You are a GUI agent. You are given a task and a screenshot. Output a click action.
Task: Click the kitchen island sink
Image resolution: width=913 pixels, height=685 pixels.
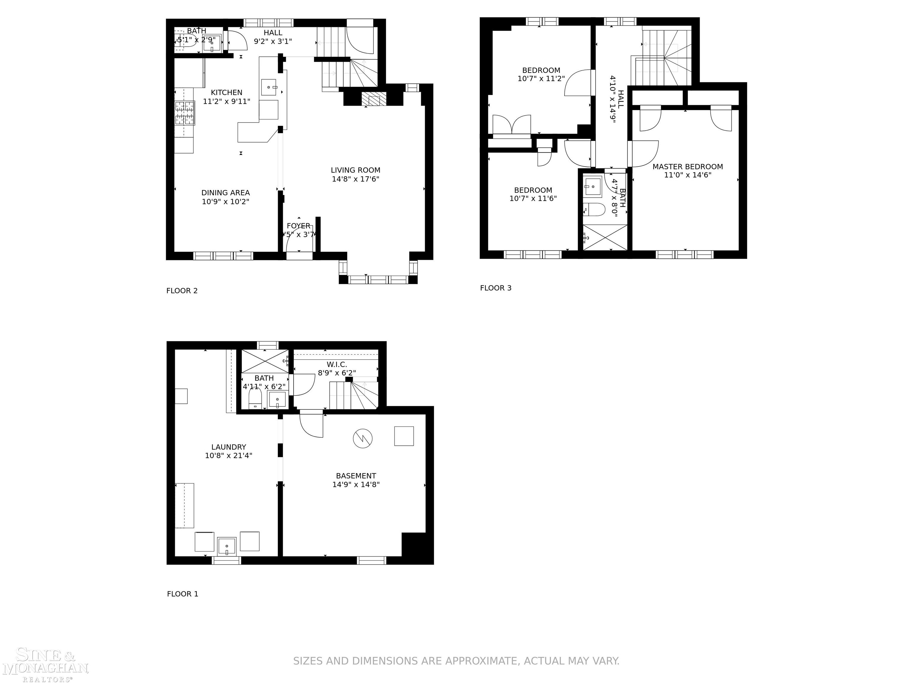pos(269,87)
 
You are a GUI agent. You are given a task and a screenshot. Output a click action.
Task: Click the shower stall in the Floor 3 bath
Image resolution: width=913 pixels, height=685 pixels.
pos(605,238)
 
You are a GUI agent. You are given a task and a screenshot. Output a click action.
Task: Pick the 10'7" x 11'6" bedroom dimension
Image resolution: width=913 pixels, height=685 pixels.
pos(533,199)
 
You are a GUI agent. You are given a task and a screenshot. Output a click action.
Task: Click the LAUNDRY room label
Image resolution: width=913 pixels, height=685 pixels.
pos(228,447)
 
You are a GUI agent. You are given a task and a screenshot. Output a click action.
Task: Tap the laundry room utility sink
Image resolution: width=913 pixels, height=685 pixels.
pos(226,546)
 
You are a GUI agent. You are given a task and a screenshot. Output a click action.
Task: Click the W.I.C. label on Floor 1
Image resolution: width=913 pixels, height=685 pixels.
pos(336,365)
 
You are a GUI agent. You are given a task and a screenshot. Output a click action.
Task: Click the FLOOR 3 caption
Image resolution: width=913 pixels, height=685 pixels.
pos(495,288)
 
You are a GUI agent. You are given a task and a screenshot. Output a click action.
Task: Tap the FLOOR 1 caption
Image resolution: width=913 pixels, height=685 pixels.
pos(182,594)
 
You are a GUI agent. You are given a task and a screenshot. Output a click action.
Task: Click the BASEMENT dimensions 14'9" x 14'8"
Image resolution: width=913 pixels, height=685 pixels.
pos(356,485)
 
